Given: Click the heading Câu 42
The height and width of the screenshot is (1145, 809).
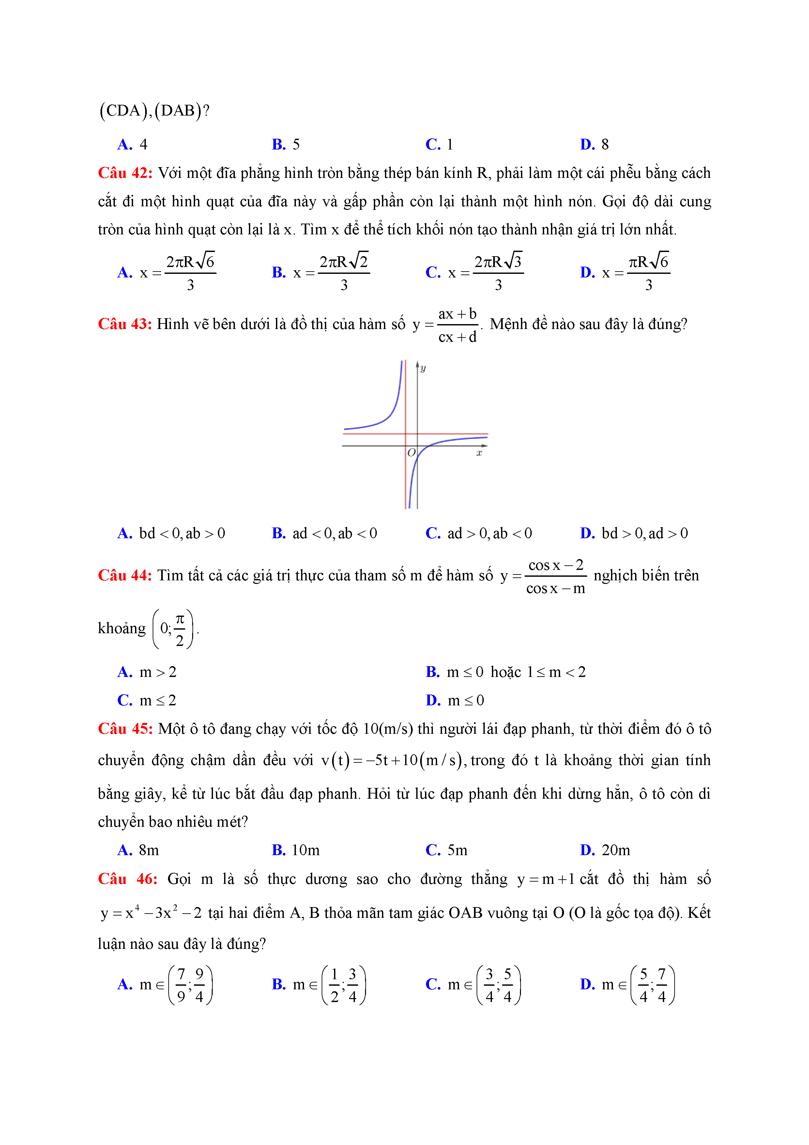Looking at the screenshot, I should coord(125,173).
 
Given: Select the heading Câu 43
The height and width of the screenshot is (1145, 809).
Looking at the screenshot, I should coord(125,324).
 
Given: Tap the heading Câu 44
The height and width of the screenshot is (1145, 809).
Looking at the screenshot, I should coord(125,575).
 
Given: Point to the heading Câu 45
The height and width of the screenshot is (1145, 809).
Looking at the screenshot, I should coord(125,729).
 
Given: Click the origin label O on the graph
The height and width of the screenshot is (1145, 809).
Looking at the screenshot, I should coord(411,452).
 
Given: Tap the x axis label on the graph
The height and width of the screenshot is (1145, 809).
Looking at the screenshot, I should coord(479,453).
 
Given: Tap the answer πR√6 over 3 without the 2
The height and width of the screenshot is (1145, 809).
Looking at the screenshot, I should coord(648,273).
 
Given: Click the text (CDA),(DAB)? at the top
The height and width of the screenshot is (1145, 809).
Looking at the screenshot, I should coord(155,110).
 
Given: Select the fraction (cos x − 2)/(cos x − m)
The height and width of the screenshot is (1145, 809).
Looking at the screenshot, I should coord(556,576).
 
